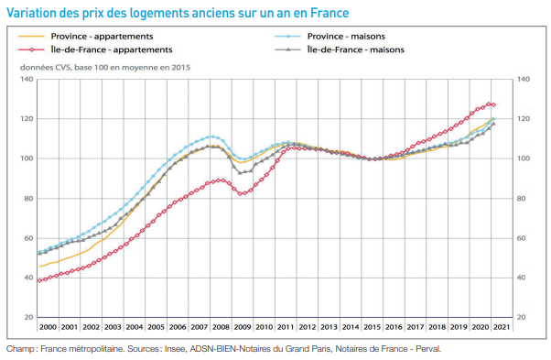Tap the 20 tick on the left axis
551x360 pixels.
click(x=27, y=317)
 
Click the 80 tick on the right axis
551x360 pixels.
click(x=524, y=198)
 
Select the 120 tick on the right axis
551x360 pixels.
click(x=525, y=119)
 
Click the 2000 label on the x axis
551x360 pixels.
click(x=48, y=327)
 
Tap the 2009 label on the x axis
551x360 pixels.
click(x=242, y=327)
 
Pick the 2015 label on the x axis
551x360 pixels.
click(x=372, y=327)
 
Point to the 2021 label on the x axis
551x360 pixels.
click(x=501, y=327)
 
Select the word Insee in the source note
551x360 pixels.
click(x=176, y=349)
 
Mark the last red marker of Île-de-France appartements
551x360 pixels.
click(x=493, y=104)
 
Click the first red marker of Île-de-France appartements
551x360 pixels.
click(x=38, y=280)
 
